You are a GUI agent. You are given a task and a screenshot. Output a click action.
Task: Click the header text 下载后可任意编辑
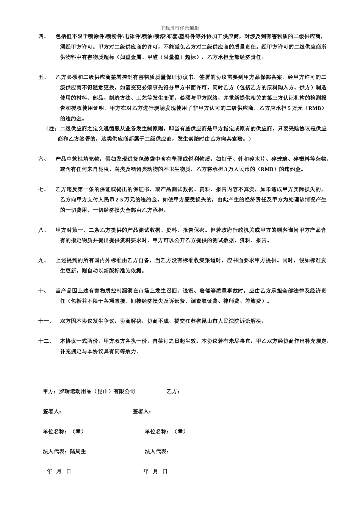(x=180, y=28)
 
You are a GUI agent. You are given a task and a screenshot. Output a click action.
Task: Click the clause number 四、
(x=42, y=37)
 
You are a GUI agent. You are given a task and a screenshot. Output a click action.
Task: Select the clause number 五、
(x=42, y=77)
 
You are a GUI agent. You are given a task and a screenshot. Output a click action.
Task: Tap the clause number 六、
(x=42, y=159)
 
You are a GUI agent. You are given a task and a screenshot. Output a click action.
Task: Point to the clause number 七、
(x=42, y=189)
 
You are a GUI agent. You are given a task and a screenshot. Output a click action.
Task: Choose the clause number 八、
(x=42, y=230)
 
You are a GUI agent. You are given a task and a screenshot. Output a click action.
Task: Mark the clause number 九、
(x=42, y=261)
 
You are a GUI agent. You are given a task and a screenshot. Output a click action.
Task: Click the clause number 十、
(x=42, y=291)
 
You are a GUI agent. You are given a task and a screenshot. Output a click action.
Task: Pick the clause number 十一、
(x=45, y=321)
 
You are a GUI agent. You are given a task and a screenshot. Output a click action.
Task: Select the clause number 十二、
(x=45, y=341)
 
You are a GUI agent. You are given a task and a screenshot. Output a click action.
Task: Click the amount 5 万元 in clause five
(x=295, y=108)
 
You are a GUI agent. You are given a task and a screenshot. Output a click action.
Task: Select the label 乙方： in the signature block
(x=173, y=392)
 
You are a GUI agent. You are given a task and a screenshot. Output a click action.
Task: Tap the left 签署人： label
(x=52, y=412)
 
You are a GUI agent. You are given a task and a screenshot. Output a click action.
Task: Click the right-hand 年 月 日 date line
(x=155, y=472)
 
